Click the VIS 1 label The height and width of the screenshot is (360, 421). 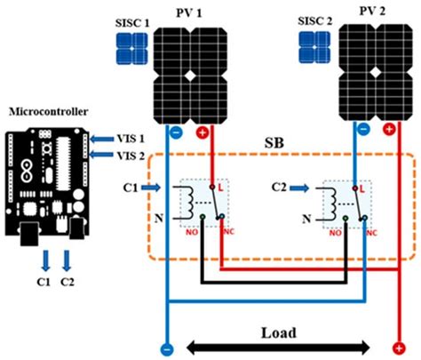coord(131,139)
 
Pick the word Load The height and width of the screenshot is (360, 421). coord(279,331)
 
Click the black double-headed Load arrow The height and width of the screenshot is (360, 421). coord(279,347)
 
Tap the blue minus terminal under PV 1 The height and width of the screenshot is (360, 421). coord(174,132)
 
